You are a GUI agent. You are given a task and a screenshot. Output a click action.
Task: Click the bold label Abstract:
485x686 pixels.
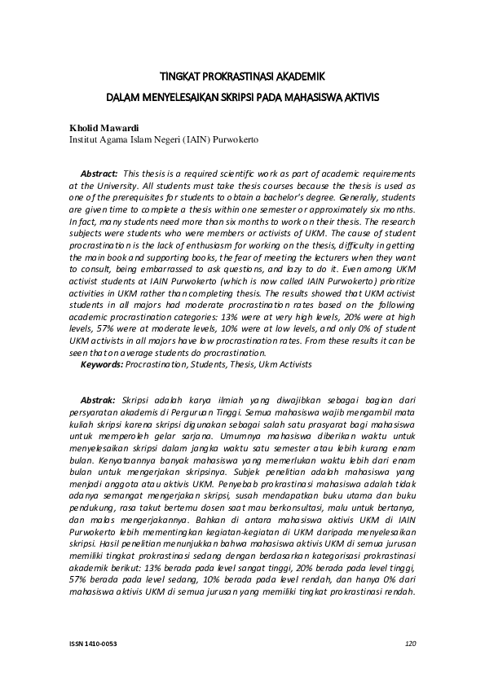tap(99, 174)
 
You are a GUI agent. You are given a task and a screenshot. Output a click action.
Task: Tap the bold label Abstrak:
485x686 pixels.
tap(98, 401)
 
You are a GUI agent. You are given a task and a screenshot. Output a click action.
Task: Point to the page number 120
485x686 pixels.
tap(410, 644)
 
